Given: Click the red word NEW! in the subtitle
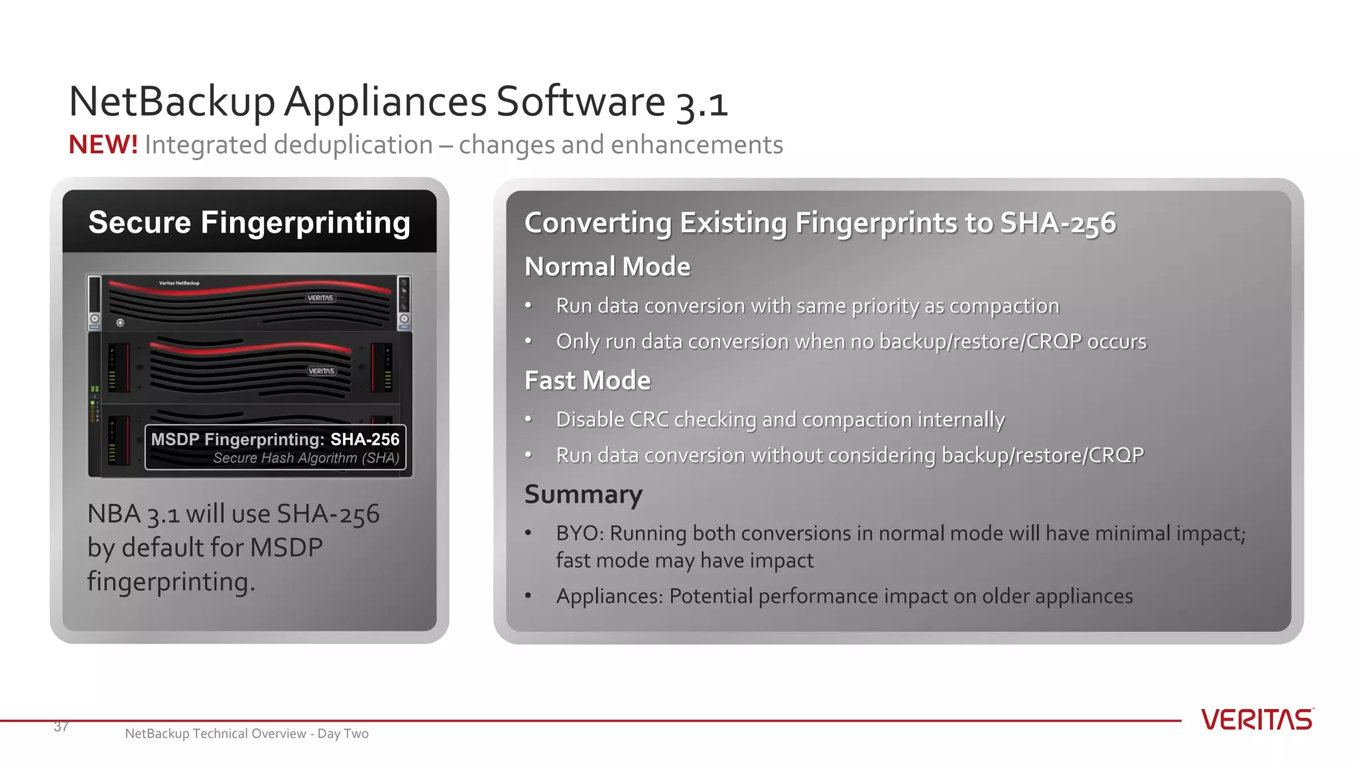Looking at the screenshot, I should click(103, 145).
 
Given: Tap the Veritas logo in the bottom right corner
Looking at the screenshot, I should click(1257, 720).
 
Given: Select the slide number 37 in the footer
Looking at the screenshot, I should click(61, 727).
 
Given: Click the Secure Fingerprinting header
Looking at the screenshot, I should click(249, 222).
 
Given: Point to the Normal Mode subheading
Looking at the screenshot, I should click(607, 267).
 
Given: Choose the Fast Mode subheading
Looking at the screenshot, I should click(587, 381).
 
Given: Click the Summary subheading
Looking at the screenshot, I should click(584, 495).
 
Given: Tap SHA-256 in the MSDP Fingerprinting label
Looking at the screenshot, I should click(365, 439).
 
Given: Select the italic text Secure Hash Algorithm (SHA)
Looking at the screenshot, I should click(306, 458).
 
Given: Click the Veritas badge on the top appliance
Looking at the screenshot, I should click(320, 298).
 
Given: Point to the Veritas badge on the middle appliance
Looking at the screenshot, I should click(322, 371).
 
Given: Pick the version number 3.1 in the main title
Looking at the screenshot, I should click(702, 105).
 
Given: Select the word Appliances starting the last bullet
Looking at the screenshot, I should click(609, 596).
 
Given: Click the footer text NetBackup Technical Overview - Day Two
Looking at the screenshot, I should click(247, 733).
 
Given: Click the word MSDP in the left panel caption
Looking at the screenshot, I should click(286, 548).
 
